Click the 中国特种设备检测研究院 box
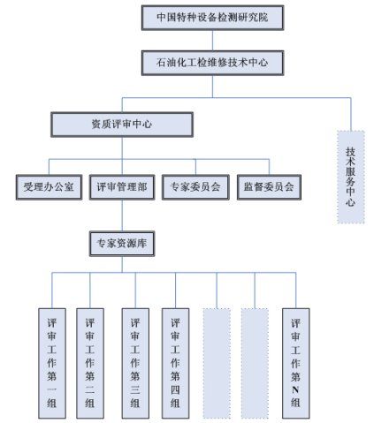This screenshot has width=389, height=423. click(x=212, y=18)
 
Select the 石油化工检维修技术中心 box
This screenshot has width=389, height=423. click(x=212, y=63)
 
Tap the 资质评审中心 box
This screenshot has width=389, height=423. click(x=122, y=125)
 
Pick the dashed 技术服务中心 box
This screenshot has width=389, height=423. click(x=351, y=177)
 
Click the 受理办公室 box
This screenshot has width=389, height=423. click(x=49, y=187)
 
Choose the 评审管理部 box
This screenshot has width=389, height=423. click(x=122, y=187)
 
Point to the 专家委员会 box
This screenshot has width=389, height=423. click(x=195, y=187)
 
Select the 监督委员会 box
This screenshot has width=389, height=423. click(x=269, y=187)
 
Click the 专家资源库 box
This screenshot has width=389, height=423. click(x=122, y=244)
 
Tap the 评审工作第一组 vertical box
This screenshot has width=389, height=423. click(x=52, y=363)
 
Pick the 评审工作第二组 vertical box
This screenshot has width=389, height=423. click(x=90, y=363)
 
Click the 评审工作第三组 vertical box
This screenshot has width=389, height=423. click(x=135, y=363)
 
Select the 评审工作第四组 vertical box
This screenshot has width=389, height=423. click(x=175, y=363)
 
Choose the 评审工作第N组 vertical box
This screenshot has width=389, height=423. click(x=296, y=363)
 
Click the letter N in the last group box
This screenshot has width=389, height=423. click(x=295, y=389)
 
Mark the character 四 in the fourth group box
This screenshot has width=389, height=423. click(x=175, y=389)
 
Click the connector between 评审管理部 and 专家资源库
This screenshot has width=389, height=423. click(x=122, y=215)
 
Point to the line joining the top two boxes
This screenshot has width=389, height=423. click(x=212, y=41)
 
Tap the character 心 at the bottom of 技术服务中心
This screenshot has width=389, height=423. click(x=350, y=201)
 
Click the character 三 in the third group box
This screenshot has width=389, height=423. click(x=135, y=389)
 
